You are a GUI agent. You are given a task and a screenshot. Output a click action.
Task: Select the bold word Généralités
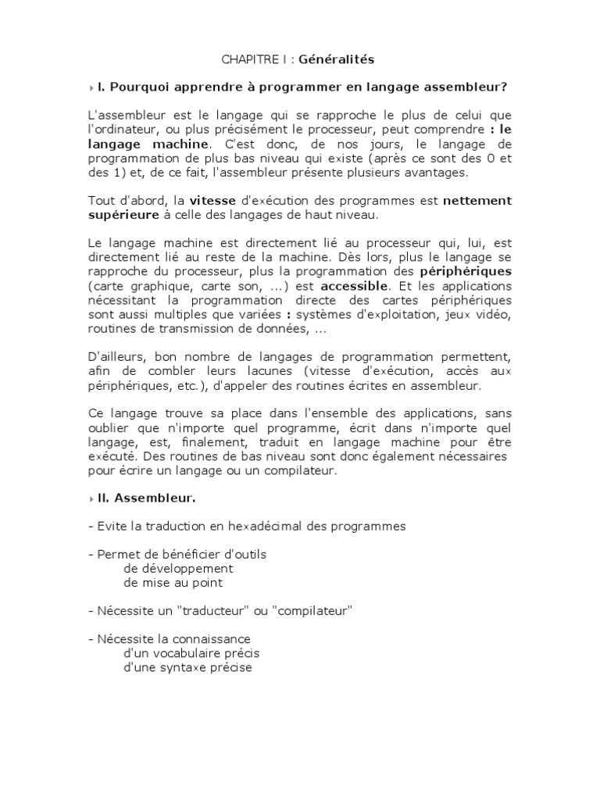coord(327,59)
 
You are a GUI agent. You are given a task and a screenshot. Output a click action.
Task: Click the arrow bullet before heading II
coord(91,498)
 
